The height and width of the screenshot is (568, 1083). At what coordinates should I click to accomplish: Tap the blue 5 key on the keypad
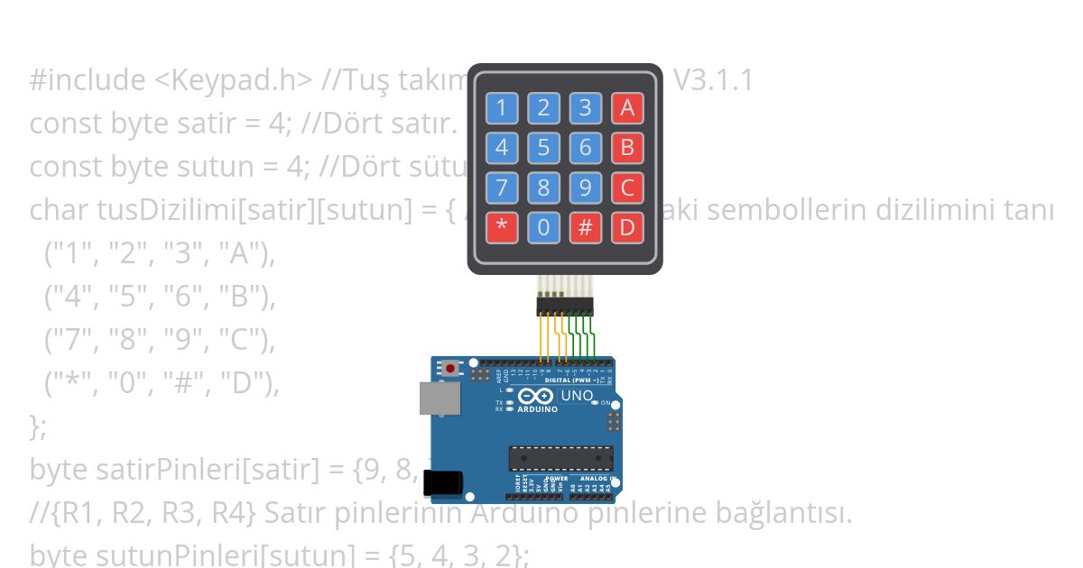(543, 147)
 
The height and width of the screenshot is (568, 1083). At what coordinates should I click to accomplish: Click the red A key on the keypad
(627, 108)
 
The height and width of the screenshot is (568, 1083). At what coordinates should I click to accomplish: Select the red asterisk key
(502, 227)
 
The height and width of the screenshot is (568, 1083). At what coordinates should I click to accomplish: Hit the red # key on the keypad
(585, 227)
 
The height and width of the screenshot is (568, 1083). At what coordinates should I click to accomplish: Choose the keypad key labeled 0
(543, 227)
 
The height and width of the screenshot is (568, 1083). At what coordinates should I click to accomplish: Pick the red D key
(627, 227)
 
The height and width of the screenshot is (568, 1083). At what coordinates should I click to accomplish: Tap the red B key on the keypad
(627, 147)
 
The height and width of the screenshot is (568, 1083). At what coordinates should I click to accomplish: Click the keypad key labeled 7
(502, 188)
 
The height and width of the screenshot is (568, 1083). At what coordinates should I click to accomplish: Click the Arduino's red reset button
(450, 368)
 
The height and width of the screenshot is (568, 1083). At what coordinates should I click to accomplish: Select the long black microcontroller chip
(560, 457)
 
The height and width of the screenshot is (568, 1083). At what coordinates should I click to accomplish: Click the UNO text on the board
(578, 395)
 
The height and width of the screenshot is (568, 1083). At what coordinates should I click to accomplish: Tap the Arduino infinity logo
(536, 396)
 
